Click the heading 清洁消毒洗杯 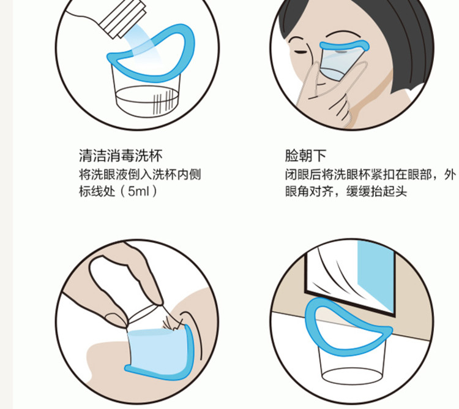tap(121, 155)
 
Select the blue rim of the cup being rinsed tap(318, 319)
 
